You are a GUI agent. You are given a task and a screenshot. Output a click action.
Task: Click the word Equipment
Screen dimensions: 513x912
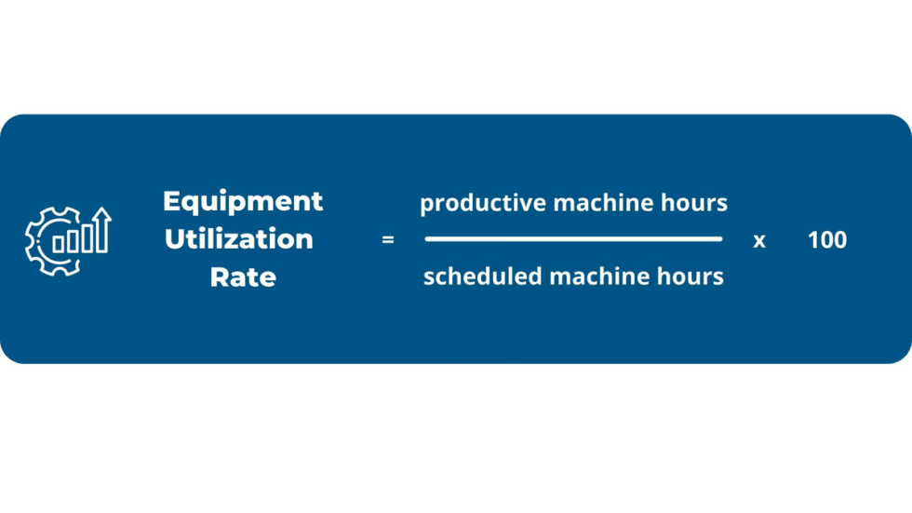point(243,201)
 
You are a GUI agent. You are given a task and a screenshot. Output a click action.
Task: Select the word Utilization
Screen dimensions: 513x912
point(238,239)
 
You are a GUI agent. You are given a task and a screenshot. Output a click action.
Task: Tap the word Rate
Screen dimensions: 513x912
point(243,277)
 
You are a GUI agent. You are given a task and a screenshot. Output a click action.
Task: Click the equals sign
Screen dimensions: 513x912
point(388,240)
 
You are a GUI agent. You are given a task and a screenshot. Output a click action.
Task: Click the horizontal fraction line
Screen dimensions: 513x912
point(573,239)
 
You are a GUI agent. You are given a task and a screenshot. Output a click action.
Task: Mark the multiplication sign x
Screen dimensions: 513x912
point(759,240)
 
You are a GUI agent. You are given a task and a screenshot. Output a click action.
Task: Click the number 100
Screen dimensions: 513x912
point(827,240)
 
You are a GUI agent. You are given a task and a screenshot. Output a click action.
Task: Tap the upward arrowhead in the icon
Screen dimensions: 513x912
point(101,217)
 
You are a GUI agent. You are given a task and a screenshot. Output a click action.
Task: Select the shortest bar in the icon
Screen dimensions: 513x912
point(59,245)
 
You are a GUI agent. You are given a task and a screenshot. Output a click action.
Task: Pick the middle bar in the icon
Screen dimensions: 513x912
point(73,240)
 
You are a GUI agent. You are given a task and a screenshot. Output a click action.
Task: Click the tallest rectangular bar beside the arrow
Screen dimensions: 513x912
point(87,236)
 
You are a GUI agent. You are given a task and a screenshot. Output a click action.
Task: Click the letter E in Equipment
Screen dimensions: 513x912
point(170,201)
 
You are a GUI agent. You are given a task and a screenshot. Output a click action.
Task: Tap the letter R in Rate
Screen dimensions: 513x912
point(217,277)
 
